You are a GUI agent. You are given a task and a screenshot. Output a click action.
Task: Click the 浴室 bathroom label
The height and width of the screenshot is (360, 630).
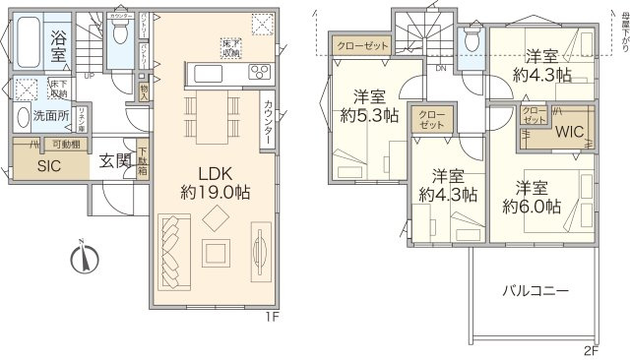click(56, 43)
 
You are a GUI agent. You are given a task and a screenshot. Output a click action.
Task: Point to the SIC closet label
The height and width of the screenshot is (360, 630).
click(48, 166)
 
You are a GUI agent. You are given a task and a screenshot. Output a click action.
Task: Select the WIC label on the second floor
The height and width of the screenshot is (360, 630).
click(569, 129)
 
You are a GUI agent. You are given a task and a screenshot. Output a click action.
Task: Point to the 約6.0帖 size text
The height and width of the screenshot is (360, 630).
click(531, 207)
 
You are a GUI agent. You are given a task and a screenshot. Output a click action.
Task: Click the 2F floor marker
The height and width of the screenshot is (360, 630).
click(591, 350)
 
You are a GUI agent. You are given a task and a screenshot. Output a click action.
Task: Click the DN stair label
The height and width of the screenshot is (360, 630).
click(441, 69)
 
